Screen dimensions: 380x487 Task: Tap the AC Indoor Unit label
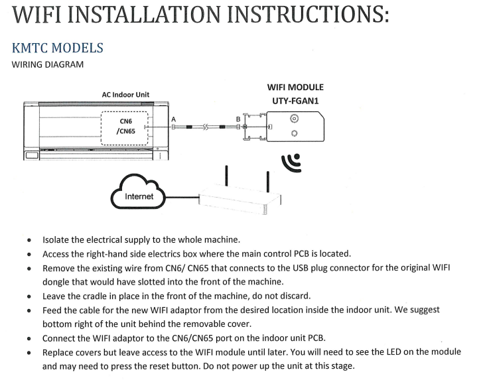click(125, 95)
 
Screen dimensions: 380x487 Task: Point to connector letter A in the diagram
click(173, 119)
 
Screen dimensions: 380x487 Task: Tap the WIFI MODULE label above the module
click(294, 87)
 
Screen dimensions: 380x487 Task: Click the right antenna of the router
click(267, 181)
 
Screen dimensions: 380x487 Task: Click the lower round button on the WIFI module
click(294, 133)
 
